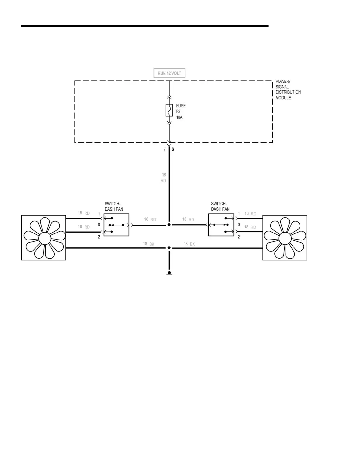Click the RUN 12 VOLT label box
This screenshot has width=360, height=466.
pos(169,73)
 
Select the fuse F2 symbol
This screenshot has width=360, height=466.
pos(169,110)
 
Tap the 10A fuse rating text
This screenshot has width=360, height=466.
pos(179,117)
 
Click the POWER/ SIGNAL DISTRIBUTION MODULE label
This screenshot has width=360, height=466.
pos(288,89)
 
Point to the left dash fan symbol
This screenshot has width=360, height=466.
pos(44,238)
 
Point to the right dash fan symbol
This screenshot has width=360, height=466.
pos(285,238)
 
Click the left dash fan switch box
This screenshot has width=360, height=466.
pos(116,225)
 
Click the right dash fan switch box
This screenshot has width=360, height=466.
pos(221,225)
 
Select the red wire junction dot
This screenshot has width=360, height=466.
pos(169,225)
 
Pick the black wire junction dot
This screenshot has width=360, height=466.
pos(169,248)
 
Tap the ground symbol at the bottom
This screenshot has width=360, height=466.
pos(169,273)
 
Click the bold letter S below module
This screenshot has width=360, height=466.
pos(173,149)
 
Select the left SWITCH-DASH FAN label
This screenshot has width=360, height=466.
pos(114,207)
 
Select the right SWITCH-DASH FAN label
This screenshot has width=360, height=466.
pos(220,207)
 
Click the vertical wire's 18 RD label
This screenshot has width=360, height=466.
pos(164,178)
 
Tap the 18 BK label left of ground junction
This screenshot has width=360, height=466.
pos(149,244)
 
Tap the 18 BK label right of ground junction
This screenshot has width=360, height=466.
pos(189,244)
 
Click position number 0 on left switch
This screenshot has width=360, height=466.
pos(99,225)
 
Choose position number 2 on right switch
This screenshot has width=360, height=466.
pos(239,237)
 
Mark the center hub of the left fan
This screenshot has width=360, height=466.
pos(44,238)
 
